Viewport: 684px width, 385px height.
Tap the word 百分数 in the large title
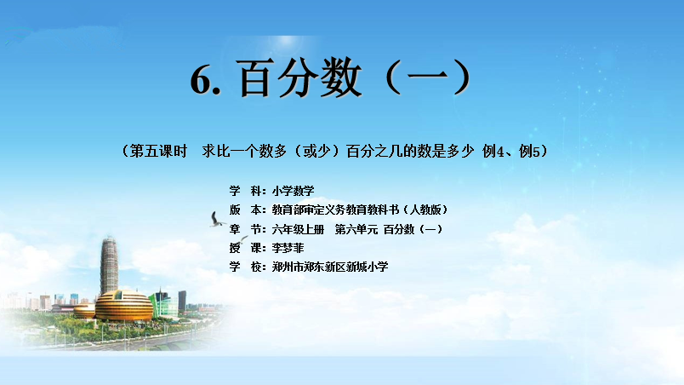pyautogui.click(x=300, y=78)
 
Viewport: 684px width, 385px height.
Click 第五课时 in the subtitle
pyautogui.click(x=159, y=151)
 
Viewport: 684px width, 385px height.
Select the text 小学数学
pyautogui.click(x=293, y=191)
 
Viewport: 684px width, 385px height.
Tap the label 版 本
pyautogui.click(x=245, y=210)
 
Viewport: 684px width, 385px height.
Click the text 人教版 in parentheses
pyautogui.click(x=425, y=210)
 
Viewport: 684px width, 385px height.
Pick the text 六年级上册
pyautogui.click(x=298, y=229)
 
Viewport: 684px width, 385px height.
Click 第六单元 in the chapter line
pyautogui.click(x=356, y=229)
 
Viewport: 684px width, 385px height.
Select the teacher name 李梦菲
pyautogui.click(x=288, y=248)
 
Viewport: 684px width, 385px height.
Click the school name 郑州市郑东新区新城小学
pyautogui.click(x=330, y=267)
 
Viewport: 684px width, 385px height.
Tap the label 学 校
pyautogui.click(x=245, y=267)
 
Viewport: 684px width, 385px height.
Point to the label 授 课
pyautogui.click(x=245, y=248)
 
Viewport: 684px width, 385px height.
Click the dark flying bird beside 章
pyautogui.click(x=217, y=220)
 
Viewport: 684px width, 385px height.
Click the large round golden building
pyautogui.click(x=124, y=306)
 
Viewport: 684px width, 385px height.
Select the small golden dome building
pyautogui.click(x=84, y=311)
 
